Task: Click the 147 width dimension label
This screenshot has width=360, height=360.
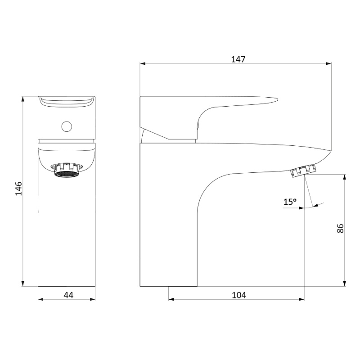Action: (238, 59)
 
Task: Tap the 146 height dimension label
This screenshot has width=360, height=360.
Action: (18, 188)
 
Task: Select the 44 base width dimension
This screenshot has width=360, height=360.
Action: (68, 295)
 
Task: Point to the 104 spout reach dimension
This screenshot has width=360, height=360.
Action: (239, 295)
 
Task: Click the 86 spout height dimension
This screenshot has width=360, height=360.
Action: (340, 228)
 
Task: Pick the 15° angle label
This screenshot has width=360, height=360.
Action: (290, 202)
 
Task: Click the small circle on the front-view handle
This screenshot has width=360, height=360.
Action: (67, 126)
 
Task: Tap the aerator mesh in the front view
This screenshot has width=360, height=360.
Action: (66, 174)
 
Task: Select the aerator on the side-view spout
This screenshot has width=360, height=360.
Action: (304, 171)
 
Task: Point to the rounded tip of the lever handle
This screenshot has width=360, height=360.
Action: (277, 99)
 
